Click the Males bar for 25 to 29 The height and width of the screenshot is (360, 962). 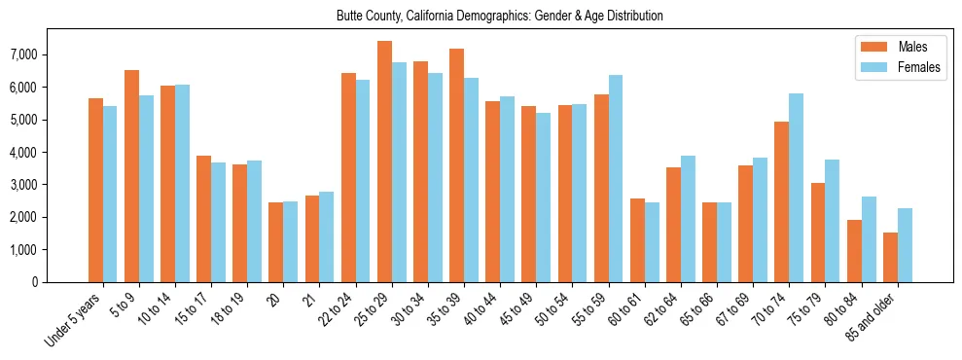pos(384,162)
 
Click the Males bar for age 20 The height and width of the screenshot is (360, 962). pos(276,242)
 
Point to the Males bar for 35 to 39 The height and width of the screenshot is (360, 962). pos(457,165)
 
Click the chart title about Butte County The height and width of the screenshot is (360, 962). pos(499,17)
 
